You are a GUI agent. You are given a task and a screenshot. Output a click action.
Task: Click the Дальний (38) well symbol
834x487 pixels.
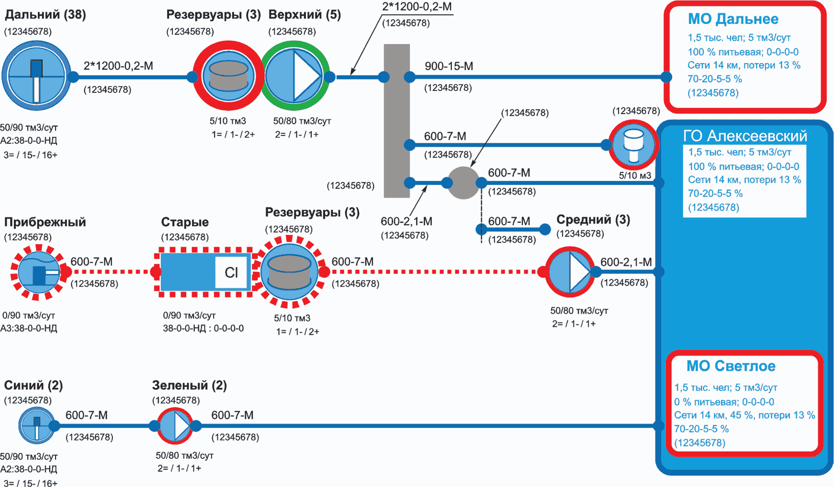(x=36, y=76)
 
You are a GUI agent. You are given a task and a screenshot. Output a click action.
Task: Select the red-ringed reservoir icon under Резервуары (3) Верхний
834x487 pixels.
(x=228, y=76)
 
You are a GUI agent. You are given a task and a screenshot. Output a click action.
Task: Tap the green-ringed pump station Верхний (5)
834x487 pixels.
(x=295, y=76)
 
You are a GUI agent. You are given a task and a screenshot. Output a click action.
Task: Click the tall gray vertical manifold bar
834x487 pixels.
(x=397, y=121)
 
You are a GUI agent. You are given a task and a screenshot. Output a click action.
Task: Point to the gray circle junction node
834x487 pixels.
(x=463, y=182)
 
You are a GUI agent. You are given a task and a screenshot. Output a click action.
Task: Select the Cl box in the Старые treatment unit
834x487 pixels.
(x=231, y=272)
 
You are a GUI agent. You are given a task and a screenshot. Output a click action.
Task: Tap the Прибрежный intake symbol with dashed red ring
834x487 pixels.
(x=39, y=272)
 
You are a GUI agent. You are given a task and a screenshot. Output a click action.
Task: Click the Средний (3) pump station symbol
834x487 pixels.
(x=570, y=272)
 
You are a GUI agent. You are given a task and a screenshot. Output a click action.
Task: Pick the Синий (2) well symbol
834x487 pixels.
(x=36, y=425)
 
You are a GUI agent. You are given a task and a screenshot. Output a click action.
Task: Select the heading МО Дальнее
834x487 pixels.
(x=733, y=19)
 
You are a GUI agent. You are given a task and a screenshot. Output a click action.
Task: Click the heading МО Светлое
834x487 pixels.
(x=731, y=366)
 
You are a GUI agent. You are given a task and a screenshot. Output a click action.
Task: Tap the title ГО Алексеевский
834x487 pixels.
(x=745, y=136)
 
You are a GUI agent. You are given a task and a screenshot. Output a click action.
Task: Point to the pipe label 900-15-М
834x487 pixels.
(x=449, y=66)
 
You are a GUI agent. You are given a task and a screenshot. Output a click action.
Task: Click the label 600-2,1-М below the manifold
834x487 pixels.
(x=406, y=221)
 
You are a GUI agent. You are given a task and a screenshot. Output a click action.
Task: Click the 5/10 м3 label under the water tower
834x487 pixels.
(x=635, y=176)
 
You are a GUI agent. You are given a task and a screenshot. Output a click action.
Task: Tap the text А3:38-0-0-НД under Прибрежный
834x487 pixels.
(x=29, y=328)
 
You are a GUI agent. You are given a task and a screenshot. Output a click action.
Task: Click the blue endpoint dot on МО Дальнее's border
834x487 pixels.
(x=666, y=77)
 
